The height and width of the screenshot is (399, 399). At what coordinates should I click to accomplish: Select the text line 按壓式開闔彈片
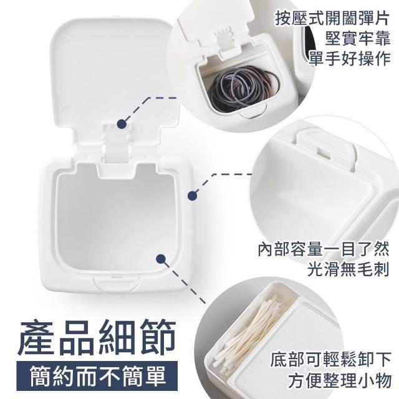coord(332,18)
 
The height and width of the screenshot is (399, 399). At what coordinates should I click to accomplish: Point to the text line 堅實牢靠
coord(357,39)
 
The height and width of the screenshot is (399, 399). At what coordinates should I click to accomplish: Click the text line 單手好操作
coord(350,59)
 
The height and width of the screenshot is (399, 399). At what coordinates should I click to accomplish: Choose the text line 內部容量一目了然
coord(324,249)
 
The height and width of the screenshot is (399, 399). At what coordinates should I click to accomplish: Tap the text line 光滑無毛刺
coord(349,269)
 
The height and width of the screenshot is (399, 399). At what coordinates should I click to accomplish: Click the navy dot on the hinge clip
coord(122,124)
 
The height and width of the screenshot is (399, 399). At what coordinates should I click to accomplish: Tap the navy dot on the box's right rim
coord(193,196)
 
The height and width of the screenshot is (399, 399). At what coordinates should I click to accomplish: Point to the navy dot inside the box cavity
coord(161,259)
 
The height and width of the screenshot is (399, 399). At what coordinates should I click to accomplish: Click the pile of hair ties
coord(243,88)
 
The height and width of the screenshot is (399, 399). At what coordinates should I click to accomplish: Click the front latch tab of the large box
coord(117,283)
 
